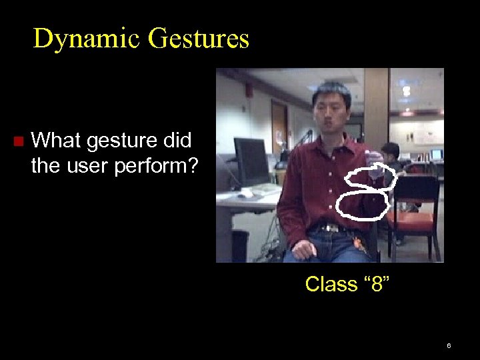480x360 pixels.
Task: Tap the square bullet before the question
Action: tap(18, 141)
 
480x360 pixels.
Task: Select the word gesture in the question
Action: tap(112, 141)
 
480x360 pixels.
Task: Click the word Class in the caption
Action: tap(331, 284)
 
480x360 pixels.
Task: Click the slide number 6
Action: tap(449, 345)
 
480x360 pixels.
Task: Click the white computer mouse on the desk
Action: tap(247, 193)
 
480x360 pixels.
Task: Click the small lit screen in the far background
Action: tap(436, 154)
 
